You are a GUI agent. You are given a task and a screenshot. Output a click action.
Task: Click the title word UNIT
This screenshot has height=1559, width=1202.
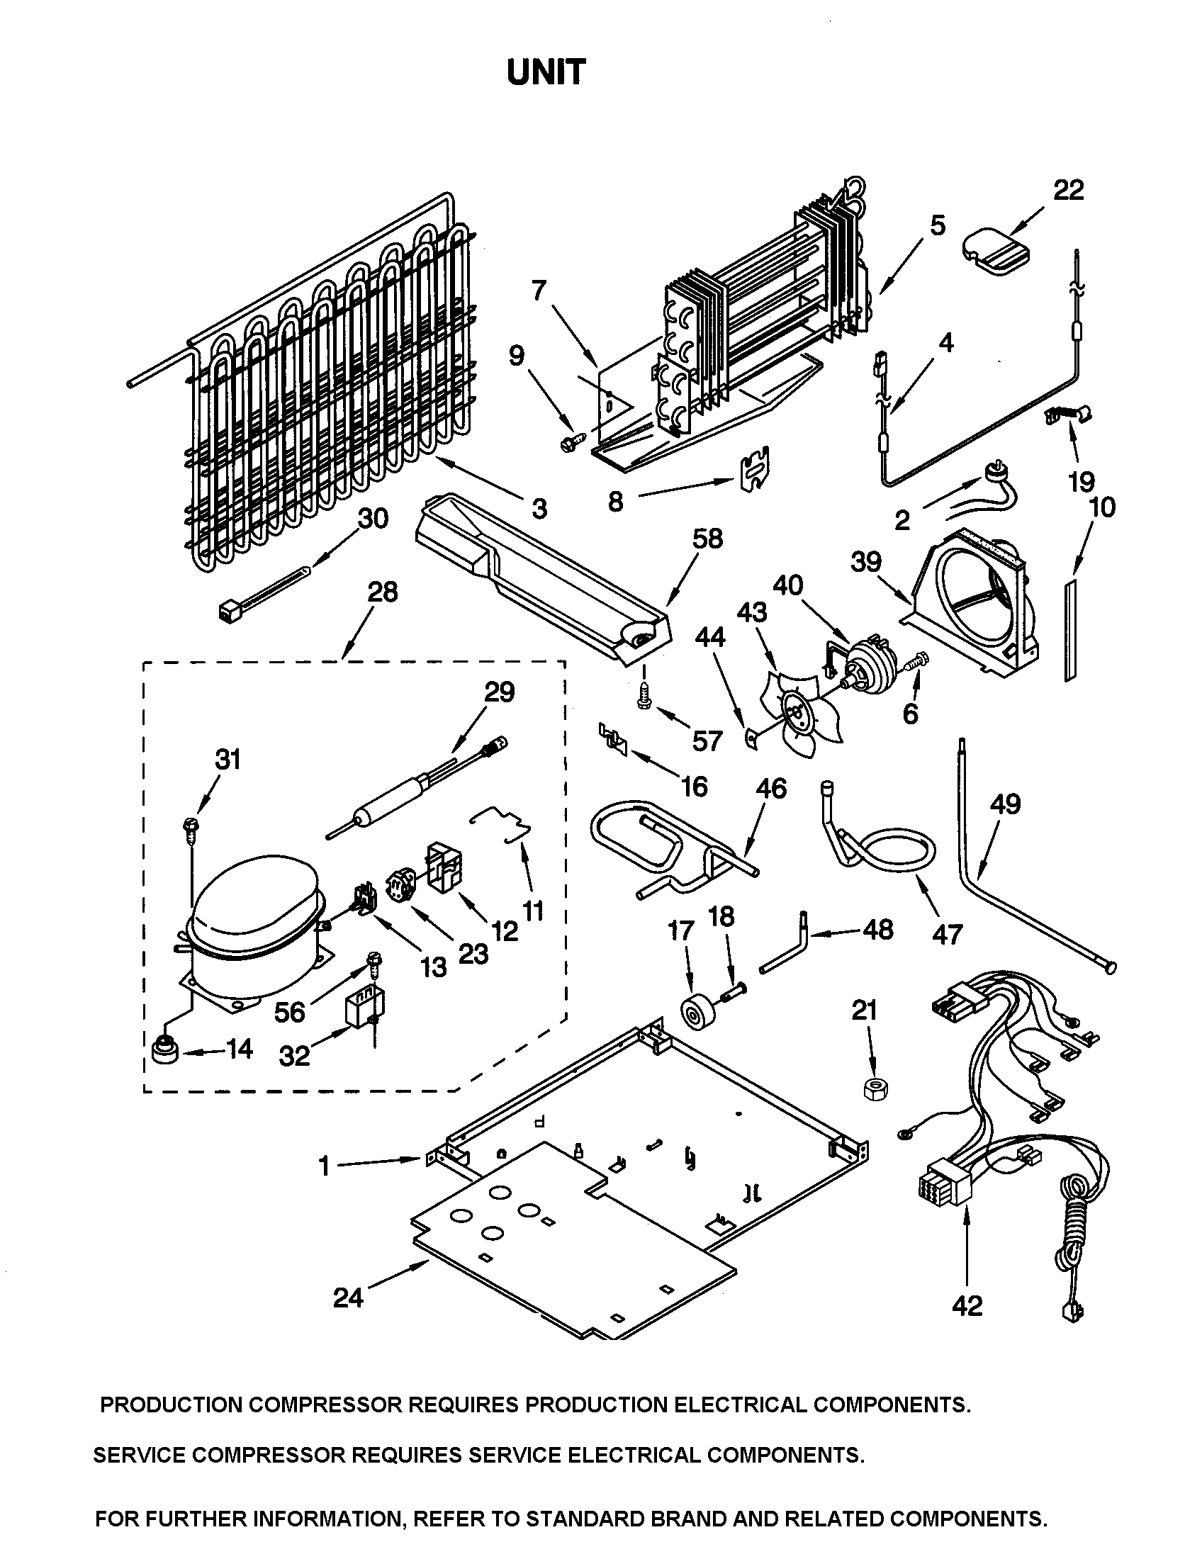(546, 73)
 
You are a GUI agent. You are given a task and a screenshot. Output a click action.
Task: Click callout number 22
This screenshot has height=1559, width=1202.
(1068, 190)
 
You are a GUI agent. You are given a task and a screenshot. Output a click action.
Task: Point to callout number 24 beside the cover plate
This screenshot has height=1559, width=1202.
(348, 1297)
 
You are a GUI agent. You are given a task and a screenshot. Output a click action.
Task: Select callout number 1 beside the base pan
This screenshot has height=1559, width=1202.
(325, 1166)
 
